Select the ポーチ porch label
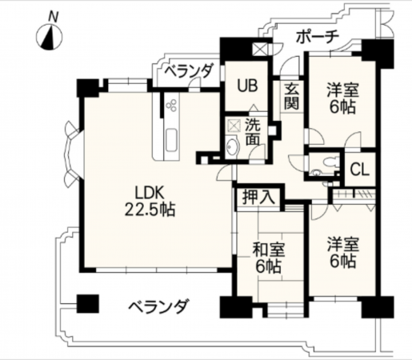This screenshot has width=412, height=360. coord(318,36)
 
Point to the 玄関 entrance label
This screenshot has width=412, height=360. coord(290,96)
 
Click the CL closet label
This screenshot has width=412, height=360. coord(359,170)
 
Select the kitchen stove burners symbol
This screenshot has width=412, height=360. coord(172,104)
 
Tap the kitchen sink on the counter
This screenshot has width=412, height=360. coord(171,142)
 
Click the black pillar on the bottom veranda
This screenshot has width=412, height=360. coord(86,305)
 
